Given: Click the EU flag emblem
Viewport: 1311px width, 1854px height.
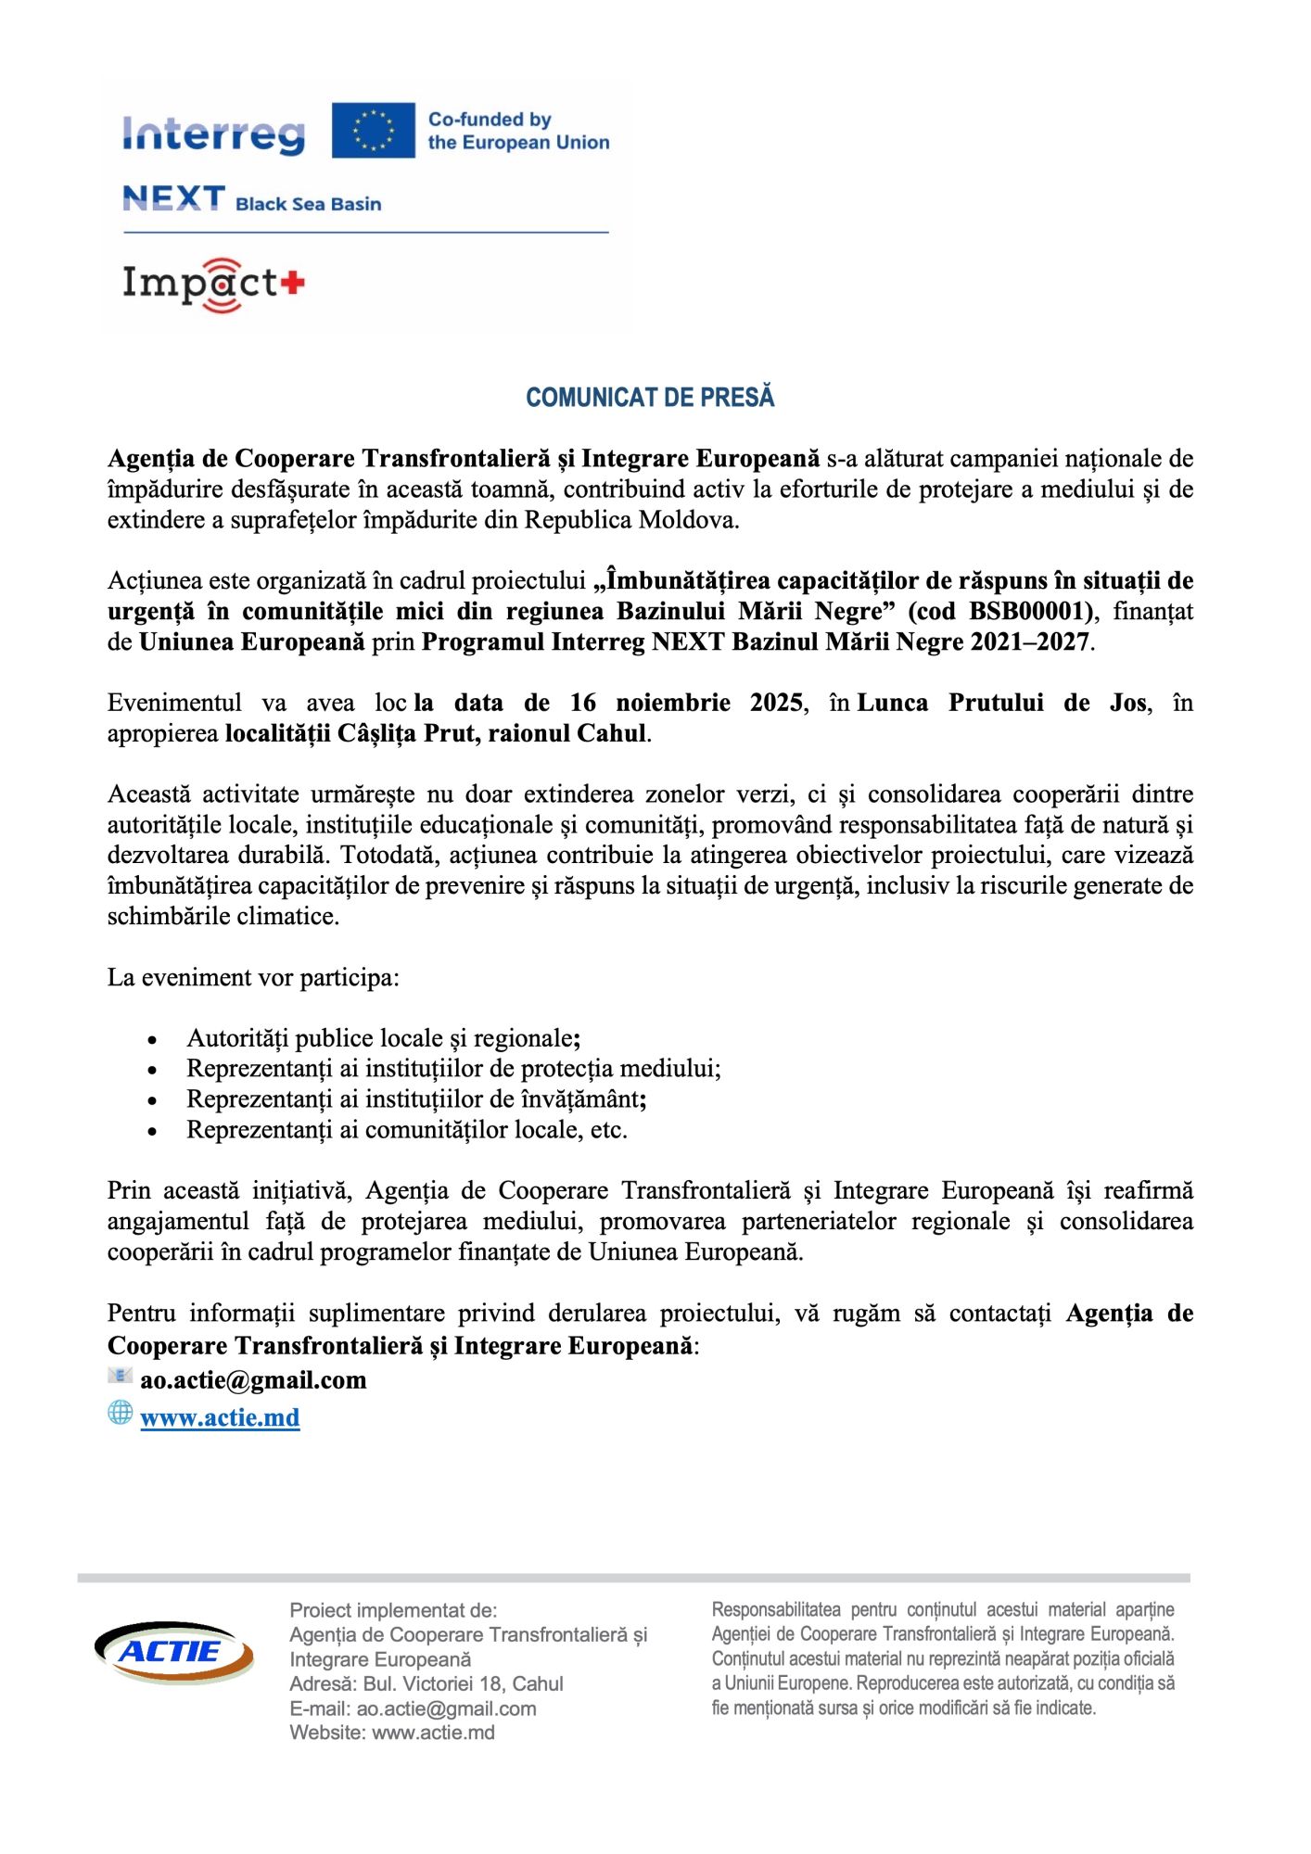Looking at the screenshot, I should [373, 130].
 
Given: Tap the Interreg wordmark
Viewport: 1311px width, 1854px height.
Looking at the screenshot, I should [213, 135].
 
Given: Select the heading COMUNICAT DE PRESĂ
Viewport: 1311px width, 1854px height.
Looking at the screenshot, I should [650, 398].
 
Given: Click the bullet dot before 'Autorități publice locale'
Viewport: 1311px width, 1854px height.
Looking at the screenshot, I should [153, 1040].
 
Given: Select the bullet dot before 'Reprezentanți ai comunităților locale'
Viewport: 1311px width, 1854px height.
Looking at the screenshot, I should [153, 1132].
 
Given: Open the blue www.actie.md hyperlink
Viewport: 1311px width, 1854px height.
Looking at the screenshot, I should [220, 1418].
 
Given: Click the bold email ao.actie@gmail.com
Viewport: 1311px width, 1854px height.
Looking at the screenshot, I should [253, 1380].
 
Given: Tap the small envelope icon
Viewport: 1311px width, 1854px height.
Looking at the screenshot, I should [120, 1377].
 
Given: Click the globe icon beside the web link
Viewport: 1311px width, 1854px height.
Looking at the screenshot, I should [121, 1413].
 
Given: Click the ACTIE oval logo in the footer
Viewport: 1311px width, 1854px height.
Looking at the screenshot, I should [173, 1652].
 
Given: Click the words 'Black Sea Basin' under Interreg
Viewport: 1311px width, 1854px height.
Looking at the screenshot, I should [308, 204].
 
